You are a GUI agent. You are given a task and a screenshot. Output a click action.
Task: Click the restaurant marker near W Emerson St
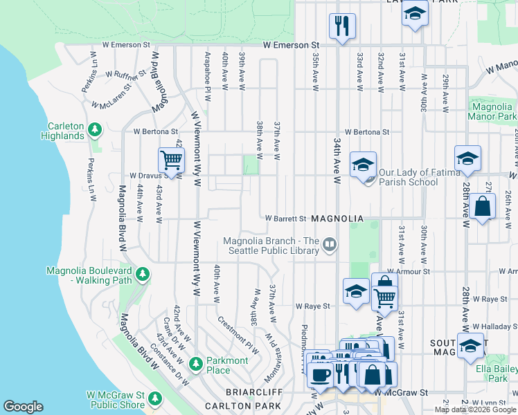tap(342, 26)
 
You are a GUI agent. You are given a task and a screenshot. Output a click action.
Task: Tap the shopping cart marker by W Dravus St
tap(171, 160)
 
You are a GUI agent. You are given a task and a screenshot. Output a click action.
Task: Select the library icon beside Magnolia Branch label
tap(330, 244)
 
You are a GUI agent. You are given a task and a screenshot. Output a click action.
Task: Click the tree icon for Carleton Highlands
tap(95, 129)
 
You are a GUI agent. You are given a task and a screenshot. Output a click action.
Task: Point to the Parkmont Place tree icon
tap(196, 363)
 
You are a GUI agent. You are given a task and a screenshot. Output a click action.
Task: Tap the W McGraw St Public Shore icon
tap(156, 398)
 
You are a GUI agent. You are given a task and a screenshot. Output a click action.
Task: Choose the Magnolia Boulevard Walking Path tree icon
tap(143, 275)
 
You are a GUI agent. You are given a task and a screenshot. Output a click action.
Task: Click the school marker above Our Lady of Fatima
tap(363, 165)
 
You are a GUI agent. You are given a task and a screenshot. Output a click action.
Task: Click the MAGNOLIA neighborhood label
tap(337, 219)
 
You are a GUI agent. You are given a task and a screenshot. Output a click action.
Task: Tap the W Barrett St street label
tap(286, 219)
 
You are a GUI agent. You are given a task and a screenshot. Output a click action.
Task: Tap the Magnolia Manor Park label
tap(492, 111)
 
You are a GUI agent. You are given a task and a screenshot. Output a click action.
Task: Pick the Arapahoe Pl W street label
tap(207, 70)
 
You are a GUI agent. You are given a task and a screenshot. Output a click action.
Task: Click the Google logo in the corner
tap(24, 407)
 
